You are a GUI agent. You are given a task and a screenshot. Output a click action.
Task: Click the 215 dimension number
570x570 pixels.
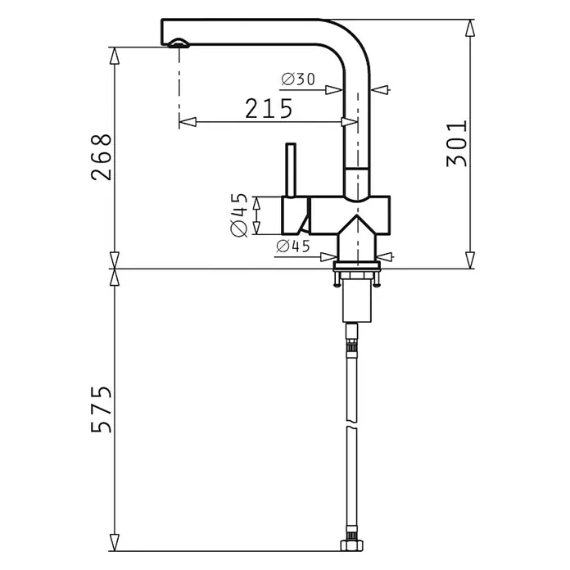pos(269,108)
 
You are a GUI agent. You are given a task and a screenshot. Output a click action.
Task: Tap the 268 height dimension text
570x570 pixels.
pos(101,157)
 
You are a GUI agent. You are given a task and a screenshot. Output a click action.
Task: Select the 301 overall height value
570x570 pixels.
pos(457,143)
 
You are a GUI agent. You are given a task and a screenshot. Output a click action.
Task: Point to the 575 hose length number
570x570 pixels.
pos(101,409)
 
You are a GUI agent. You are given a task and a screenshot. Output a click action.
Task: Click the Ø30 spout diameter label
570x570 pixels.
pos(298,79)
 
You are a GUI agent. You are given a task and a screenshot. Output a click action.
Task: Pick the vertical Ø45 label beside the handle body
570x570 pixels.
pos(239,215)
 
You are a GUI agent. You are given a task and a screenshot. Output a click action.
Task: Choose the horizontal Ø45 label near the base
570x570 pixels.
pos(293,247)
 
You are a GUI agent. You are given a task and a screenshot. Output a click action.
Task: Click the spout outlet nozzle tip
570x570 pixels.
pos(179,43)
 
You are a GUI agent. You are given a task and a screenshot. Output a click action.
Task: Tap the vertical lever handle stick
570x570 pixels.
pos(291,170)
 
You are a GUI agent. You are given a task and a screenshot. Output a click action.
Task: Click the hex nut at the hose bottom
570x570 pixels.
pos(351,545)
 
